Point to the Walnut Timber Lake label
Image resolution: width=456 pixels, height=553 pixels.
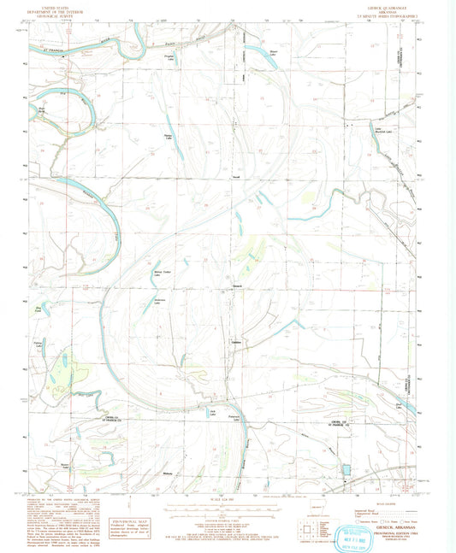pyautogui.click(x=163, y=274)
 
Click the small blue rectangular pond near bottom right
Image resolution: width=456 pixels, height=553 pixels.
pyautogui.click(x=346, y=469)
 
